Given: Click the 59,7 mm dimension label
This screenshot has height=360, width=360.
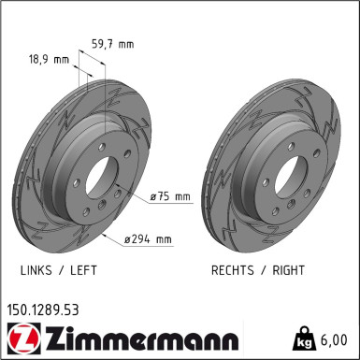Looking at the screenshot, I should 113,41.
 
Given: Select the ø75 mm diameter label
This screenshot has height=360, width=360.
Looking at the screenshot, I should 170,196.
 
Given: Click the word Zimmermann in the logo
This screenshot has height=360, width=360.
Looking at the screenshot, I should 137,338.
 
